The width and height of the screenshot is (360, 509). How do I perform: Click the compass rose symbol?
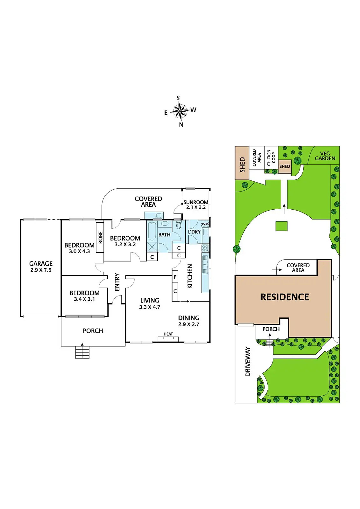point(180,111)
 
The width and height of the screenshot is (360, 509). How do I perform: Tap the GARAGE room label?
point(41,264)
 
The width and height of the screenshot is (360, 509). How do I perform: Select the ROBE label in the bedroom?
point(100,237)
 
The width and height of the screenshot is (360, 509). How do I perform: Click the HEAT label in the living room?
point(168,334)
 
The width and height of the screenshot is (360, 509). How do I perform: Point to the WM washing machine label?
point(205,224)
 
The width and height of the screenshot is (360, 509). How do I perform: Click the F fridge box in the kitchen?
point(175,277)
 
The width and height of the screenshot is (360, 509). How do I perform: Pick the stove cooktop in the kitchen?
point(205,248)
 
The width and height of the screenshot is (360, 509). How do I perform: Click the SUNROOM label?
point(196,202)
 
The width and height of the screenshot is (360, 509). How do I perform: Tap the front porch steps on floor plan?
point(82,352)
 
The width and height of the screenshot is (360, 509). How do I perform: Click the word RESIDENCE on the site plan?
point(285,297)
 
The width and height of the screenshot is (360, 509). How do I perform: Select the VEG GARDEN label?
point(325,156)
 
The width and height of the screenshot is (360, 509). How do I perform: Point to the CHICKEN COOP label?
point(271,157)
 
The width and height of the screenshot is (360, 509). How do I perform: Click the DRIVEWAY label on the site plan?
point(248,362)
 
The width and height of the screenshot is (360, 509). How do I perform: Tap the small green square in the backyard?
point(281,226)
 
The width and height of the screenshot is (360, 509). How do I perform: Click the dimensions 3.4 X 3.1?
point(84,299)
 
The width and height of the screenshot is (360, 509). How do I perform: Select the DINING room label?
point(189,318)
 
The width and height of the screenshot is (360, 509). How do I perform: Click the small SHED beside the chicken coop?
point(285,166)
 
